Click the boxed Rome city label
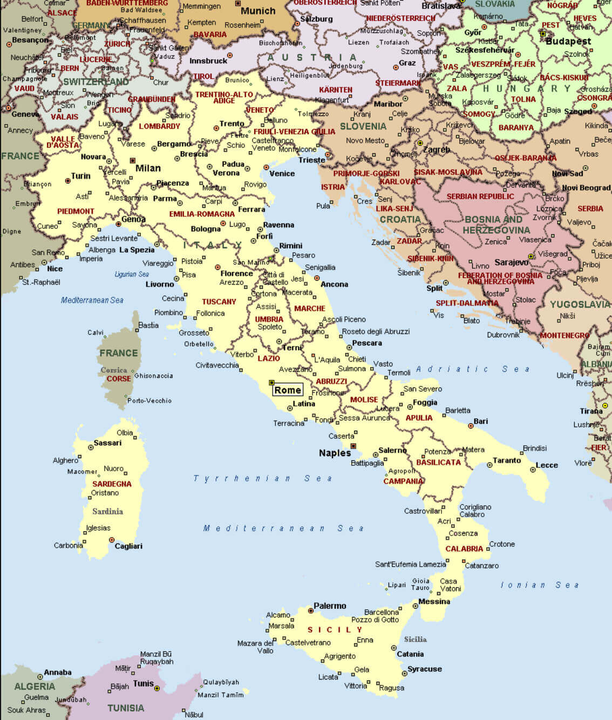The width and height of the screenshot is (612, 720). [288, 390]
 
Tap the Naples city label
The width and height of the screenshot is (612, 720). [335, 453]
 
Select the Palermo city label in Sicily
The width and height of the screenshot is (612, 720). [330, 606]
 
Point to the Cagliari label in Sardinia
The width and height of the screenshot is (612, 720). [128, 546]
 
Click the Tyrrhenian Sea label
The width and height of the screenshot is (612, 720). [263, 478]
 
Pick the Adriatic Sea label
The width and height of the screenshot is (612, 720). [473, 369]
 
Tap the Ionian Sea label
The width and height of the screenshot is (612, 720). [540, 585]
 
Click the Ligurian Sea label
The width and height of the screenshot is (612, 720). [132, 274]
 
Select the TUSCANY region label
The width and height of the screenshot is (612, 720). [219, 302]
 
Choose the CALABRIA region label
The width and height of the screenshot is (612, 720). [464, 548]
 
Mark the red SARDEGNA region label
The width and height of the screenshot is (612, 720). [112, 484]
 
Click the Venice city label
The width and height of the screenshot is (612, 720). [282, 173]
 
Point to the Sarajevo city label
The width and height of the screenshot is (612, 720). [512, 262]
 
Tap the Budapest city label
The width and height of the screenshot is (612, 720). [568, 41]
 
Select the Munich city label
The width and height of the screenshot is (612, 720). [258, 11]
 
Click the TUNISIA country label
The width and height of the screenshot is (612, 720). [126, 708]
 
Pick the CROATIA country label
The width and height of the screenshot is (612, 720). [400, 219]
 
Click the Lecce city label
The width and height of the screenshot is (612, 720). [547, 465]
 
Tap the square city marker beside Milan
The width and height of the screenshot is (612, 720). [133, 160]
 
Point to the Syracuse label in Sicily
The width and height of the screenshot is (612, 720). [425, 669]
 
